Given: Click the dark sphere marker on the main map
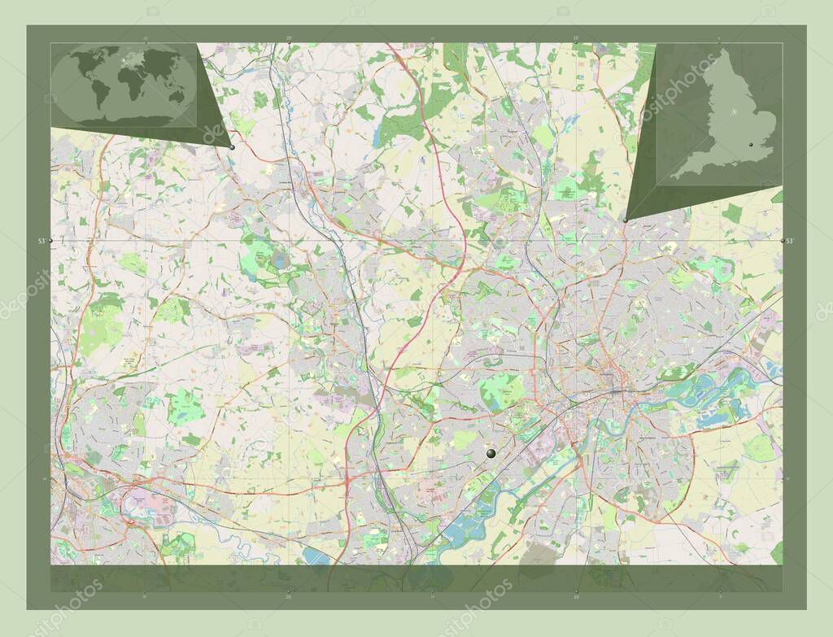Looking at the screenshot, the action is [x=491, y=453].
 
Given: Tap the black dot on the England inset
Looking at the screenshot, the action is [x=749, y=145].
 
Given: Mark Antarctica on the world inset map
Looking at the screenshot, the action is [x=122, y=120].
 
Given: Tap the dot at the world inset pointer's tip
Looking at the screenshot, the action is [x=232, y=147].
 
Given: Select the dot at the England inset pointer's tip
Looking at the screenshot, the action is [x=625, y=220].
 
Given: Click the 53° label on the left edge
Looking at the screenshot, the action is [x=41, y=241].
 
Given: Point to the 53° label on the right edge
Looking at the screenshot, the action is [x=791, y=241].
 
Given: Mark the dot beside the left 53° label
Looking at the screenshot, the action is [x=51, y=241].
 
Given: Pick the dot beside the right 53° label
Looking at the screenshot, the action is [x=782, y=241].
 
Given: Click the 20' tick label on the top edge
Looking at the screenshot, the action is [x=289, y=37].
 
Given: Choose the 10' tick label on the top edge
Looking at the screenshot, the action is [x=576, y=37].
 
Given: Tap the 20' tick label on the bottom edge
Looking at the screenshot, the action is [x=289, y=596].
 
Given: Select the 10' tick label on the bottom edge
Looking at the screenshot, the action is [x=576, y=596].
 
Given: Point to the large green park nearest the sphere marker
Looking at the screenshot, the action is [x=501, y=390].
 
